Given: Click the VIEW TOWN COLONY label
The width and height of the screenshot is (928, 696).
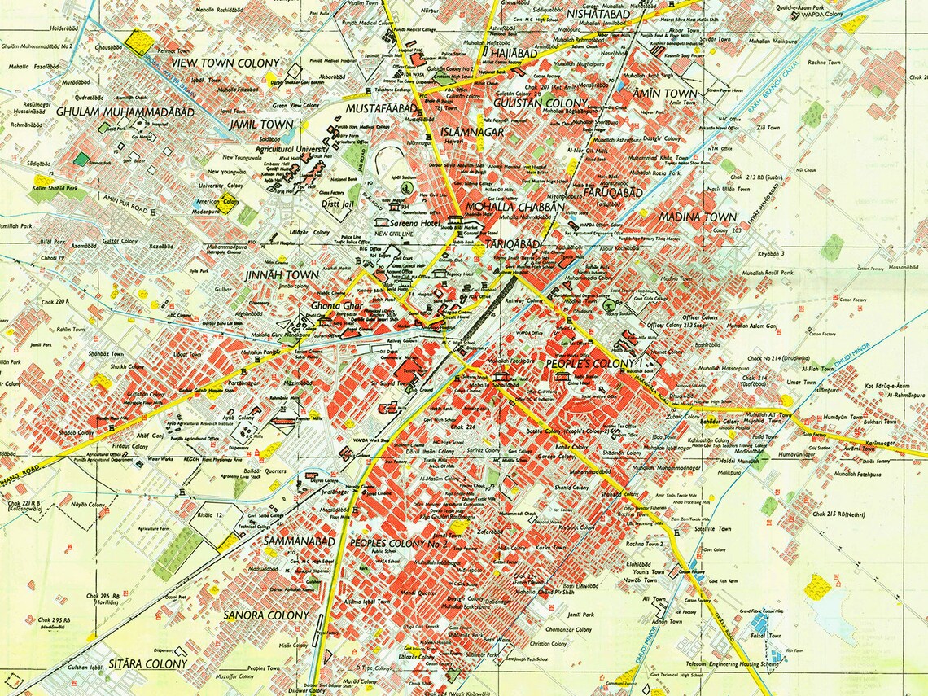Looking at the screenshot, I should click(224, 63).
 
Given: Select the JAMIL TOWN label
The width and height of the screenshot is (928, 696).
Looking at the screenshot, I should click(262, 125).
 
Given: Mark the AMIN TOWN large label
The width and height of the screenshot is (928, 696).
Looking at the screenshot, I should click(665, 94).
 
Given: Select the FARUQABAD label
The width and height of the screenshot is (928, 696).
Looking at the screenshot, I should click(613, 193).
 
